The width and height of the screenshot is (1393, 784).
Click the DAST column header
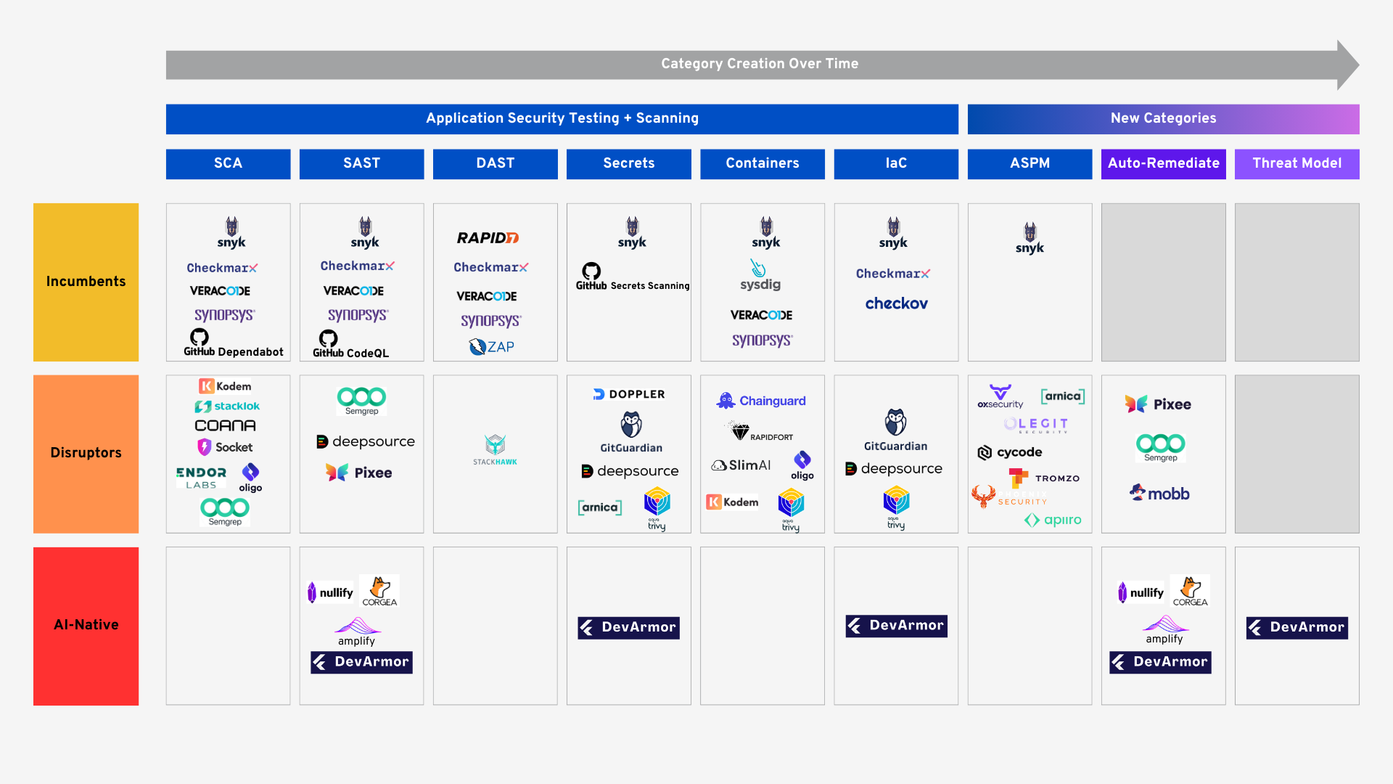495,163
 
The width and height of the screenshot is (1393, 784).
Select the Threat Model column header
1297,163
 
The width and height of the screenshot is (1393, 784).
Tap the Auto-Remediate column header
1163,163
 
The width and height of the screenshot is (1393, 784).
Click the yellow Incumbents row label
86,282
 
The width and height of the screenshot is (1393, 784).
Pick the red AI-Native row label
86,625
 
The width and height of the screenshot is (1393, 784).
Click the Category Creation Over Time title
759,64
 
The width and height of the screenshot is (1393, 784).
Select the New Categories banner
1163,118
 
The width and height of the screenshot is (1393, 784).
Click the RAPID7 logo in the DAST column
488,238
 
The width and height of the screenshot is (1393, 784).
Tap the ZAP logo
492,347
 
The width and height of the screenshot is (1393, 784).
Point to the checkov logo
896,303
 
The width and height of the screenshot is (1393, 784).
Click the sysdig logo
760,276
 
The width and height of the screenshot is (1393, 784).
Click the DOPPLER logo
629,394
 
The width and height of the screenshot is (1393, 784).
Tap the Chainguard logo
761,401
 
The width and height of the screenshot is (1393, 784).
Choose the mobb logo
1159,494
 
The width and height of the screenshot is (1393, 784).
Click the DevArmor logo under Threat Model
1297,627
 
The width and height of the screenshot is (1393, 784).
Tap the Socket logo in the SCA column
225,447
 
